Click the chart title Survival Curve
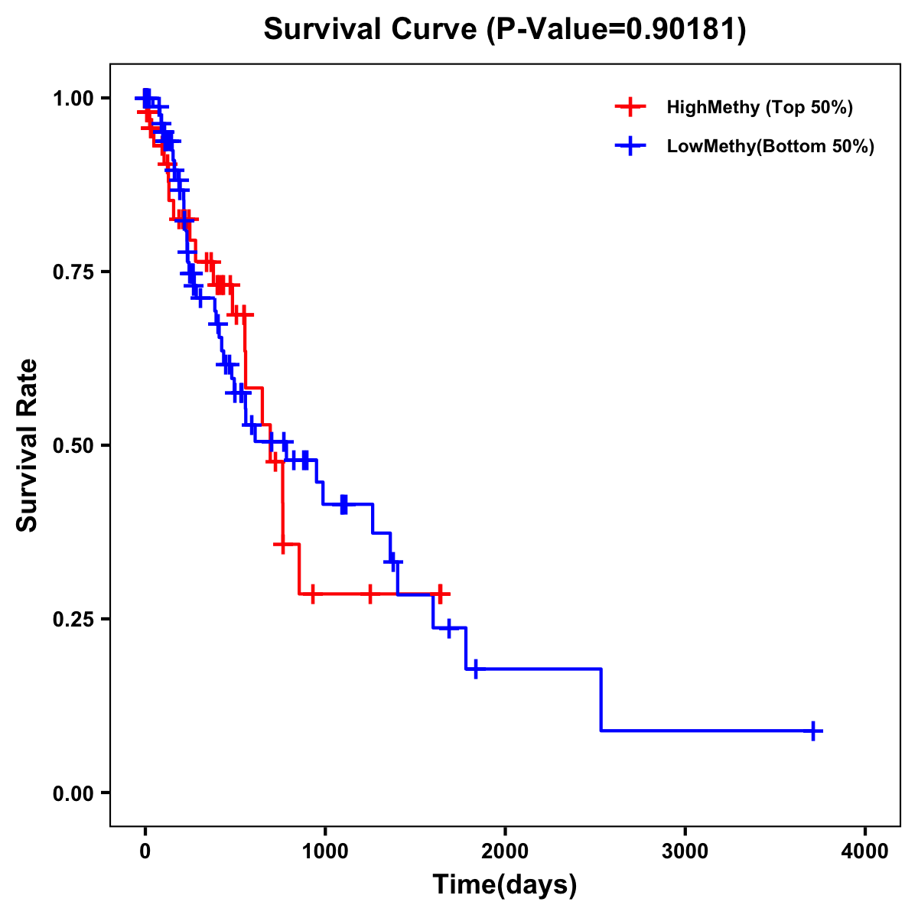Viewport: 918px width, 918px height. click(x=373, y=30)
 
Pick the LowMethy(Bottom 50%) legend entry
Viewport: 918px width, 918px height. click(x=770, y=146)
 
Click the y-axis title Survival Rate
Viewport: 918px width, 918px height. click(x=28, y=444)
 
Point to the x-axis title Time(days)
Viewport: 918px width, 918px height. click(x=505, y=885)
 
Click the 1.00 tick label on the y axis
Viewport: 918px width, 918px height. click(x=73, y=99)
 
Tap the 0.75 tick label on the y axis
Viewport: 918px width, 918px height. click(x=73, y=272)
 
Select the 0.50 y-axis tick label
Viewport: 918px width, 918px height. click(x=73, y=445)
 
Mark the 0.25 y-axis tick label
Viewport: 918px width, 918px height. click(x=73, y=619)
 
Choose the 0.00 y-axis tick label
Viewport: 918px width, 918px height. click(x=73, y=793)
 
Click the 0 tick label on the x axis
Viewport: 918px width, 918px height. click(x=145, y=851)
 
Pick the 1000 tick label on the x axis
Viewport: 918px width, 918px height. click(x=324, y=851)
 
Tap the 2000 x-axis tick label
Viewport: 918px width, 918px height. click(x=505, y=851)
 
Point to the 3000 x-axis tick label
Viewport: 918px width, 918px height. click(x=685, y=851)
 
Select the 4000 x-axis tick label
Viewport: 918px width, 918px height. click(x=865, y=851)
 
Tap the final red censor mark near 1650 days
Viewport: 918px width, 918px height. click(x=440, y=594)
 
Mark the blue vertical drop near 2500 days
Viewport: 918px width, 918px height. click(x=601, y=700)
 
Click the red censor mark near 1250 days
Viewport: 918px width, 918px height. click(x=370, y=594)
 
